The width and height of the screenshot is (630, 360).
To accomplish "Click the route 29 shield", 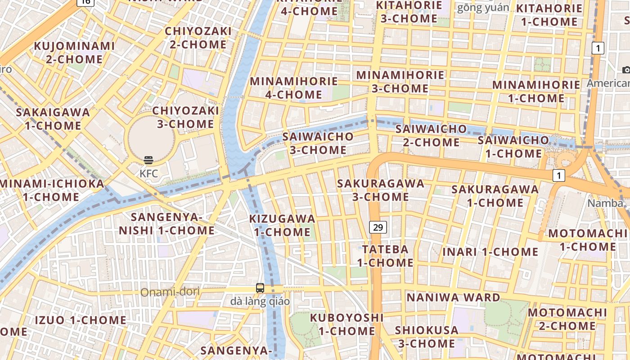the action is tap(378, 227).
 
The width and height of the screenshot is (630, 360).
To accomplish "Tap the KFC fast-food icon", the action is tap(148, 160).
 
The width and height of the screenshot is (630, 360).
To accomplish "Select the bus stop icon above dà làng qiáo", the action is tap(260, 288).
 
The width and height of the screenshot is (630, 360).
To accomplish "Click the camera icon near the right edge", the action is tap(626, 70).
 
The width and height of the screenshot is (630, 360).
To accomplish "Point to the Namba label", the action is tap(606, 203).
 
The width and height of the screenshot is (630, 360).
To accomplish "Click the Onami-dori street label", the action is tap(170, 292).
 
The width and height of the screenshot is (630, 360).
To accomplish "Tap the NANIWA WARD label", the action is tap(453, 297).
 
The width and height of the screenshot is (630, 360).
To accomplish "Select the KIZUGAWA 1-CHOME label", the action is tap(282, 225).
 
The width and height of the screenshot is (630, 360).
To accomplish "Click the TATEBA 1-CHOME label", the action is tap(385, 256).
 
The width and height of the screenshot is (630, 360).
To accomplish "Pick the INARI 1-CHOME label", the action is tap(490, 252).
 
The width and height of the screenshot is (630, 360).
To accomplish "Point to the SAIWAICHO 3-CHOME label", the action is tap(318, 143).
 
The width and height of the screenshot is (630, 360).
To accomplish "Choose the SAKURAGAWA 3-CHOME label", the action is tap(381, 190).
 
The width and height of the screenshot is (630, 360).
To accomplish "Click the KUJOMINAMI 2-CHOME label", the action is tap(74, 52).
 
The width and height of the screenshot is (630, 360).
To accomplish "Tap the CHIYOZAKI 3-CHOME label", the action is tap(185, 117).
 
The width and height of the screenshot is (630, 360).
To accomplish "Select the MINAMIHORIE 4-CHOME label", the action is tap(293, 88).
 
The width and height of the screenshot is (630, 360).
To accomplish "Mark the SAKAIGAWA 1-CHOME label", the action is tap(53, 119).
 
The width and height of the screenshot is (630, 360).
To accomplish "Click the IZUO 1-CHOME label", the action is tap(81, 320).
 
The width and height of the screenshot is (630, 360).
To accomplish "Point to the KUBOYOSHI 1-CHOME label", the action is tap(346, 324).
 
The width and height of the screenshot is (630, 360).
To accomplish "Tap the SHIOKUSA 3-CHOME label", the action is tap(427, 337).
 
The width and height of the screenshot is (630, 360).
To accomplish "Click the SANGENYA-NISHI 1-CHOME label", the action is tap(166, 224).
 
